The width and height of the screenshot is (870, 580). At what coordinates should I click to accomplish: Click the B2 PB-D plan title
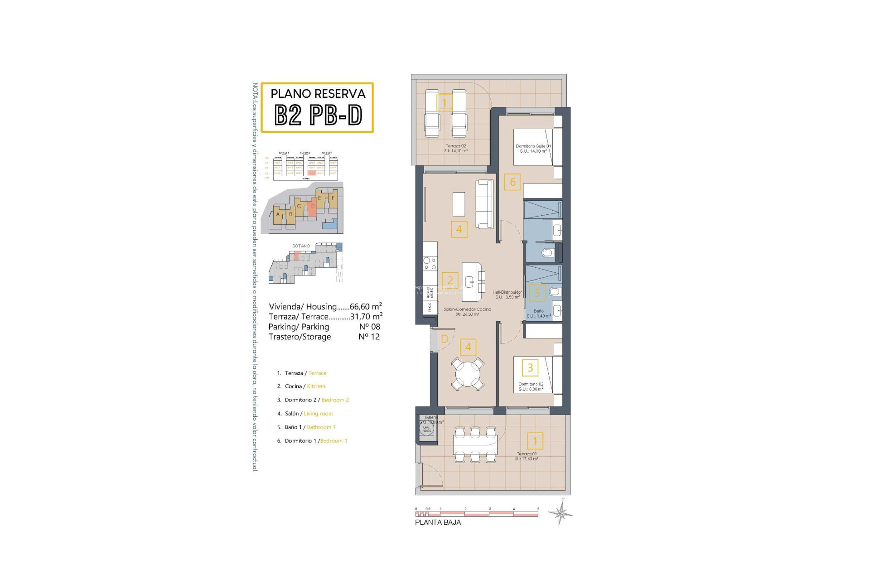tap(318, 116)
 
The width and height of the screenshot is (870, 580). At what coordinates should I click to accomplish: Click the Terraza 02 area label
tap(456, 149)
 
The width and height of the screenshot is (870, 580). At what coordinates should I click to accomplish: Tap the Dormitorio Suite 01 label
tap(533, 149)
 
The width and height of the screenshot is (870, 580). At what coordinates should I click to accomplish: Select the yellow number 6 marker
tap(512, 182)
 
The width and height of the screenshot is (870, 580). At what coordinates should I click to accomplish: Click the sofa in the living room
tap(484, 204)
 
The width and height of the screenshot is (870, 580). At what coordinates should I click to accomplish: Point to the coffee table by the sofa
tap(459, 204)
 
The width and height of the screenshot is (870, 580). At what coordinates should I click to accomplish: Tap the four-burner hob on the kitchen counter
tap(430, 264)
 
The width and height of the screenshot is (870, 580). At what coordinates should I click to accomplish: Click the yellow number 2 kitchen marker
tap(450, 280)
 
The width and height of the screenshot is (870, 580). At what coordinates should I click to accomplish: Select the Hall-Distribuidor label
tap(507, 295)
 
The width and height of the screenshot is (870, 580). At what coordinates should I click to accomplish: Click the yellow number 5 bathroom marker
tap(537, 293)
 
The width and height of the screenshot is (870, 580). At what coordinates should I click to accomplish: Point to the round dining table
tap(468, 373)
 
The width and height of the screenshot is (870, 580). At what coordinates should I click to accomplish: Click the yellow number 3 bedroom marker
tap(530, 367)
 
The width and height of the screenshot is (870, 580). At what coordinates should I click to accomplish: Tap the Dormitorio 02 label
tap(531, 387)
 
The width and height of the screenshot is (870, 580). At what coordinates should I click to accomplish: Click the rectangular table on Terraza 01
tap(475, 445)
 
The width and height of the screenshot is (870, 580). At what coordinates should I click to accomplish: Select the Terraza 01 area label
tap(527, 456)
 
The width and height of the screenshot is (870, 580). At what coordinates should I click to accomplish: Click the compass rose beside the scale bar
tap(561, 513)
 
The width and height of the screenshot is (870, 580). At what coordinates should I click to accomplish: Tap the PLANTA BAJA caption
tap(438, 522)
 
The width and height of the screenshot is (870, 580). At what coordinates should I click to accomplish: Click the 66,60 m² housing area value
tap(365, 307)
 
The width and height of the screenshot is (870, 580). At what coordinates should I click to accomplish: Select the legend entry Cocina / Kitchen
tap(304, 387)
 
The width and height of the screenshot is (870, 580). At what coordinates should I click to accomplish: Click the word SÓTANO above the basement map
tap(301, 246)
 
